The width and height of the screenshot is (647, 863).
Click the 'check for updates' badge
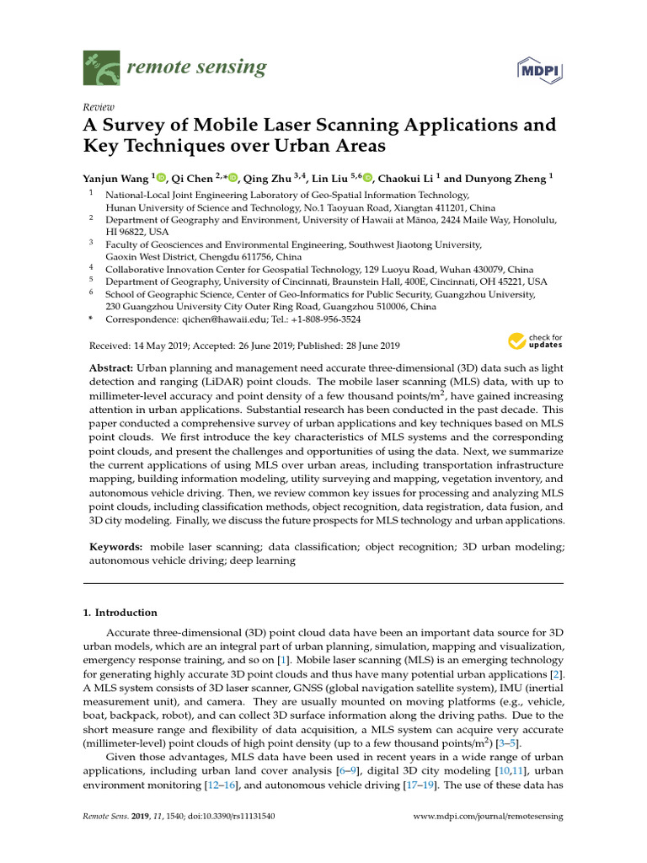coord(534,341)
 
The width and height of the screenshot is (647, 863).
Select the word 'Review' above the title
coord(99,107)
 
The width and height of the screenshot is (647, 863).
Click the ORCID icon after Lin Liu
coord(367,178)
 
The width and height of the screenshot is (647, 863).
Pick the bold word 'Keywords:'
coord(115,547)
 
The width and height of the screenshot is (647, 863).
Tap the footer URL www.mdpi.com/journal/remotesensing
coord(489,817)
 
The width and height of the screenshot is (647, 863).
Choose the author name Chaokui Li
coord(406,178)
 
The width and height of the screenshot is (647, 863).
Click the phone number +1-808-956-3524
coord(318,320)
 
